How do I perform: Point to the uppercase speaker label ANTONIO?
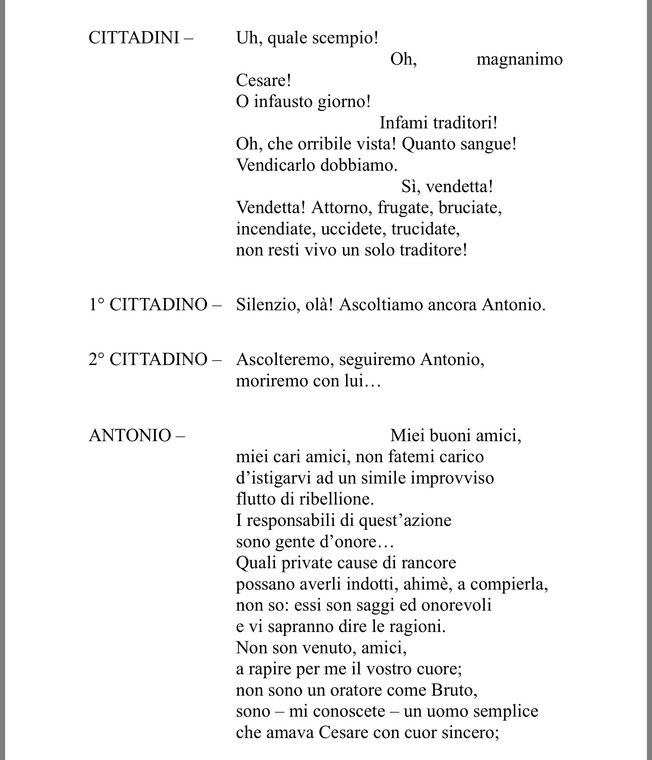[x=130, y=436]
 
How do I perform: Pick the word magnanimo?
[x=519, y=59]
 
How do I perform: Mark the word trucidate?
[x=425, y=229]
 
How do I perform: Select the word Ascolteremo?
[x=285, y=360]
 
